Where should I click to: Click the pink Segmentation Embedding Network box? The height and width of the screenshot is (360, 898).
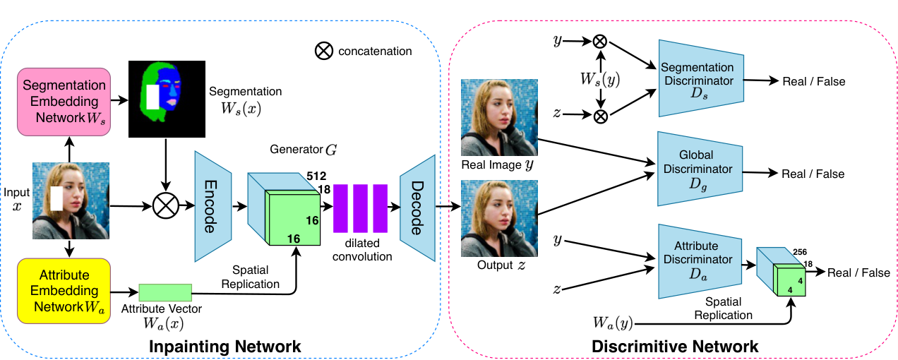point(64,102)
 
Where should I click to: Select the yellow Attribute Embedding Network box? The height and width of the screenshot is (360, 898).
point(64,291)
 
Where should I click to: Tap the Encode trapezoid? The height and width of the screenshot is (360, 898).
point(213,206)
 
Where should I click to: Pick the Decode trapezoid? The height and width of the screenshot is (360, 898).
point(417,208)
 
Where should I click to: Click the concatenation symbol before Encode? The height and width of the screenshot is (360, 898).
point(166,206)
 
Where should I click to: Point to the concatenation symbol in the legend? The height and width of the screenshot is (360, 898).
point(323,51)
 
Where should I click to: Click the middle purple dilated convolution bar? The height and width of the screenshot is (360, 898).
point(361,208)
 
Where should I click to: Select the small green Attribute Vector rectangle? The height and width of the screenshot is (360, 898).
point(165,293)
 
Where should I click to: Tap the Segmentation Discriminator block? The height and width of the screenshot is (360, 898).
point(701,78)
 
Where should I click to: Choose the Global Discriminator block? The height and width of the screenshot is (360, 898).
point(700,169)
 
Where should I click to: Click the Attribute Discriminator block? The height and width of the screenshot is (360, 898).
point(700,261)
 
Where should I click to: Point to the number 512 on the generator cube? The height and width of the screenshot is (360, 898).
point(316,176)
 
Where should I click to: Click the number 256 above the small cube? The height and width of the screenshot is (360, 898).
point(800,252)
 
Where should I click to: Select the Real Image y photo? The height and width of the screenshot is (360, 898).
point(499,117)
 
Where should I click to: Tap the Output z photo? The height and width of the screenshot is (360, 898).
point(499,219)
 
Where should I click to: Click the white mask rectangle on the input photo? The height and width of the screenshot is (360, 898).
point(56,198)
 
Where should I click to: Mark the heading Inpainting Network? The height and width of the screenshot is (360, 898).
point(225,347)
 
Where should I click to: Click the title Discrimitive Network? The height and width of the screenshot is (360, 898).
point(675,347)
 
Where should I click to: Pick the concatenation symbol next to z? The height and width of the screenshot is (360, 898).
point(601,116)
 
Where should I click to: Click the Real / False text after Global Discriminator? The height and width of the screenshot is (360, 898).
point(813,174)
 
